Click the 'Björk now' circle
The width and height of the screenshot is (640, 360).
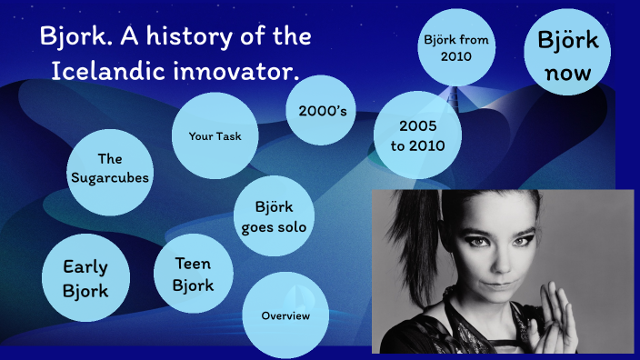(x=568, y=56)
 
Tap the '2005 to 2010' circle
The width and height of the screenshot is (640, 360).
(x=417, y=135)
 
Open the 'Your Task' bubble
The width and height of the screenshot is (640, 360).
(x=215, y=136)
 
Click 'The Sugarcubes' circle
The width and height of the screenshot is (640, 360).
(x=109, y=168)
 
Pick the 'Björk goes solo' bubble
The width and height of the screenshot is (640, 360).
(x=274, y=215)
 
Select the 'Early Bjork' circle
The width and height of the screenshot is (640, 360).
(x=85, y=278)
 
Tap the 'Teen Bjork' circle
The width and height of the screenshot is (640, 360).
(x=195, y=275)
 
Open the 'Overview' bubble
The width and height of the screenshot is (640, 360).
(x=285, y=316)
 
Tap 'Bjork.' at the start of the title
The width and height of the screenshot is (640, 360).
(x=73, y=38)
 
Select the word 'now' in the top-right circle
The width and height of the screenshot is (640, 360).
(x=568, y=73)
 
